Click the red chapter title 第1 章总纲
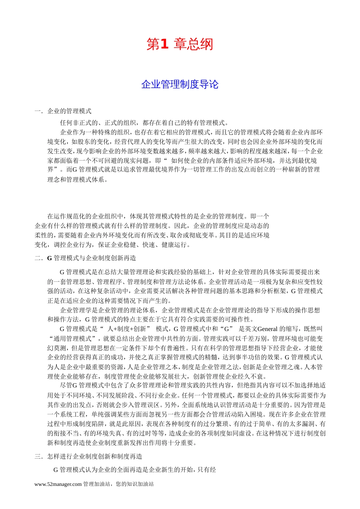(180, 45)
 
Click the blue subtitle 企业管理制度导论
(180, 84)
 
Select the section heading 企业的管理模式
(69, 111)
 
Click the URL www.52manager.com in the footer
(58, 484)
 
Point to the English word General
(268, 329)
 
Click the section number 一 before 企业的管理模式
(38, 111)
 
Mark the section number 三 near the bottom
(38, 457)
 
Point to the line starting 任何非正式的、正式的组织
(144, 123)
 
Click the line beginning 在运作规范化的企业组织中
(158, 217)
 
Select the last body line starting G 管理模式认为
(135, 470)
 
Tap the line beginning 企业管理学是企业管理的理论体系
(190, 310)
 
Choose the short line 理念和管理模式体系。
(78, 180)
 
